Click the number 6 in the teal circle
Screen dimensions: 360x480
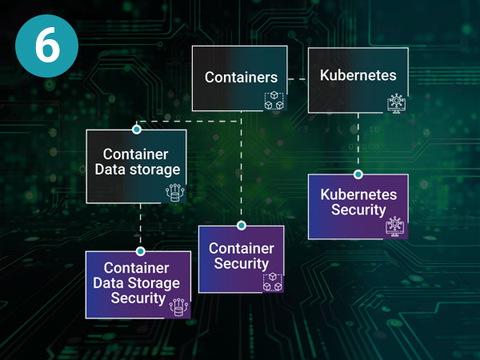pos(47,46)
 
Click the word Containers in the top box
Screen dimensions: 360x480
pos(241,77)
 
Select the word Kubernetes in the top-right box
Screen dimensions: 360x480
pos(358,76)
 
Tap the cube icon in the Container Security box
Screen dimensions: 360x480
pos(273,282)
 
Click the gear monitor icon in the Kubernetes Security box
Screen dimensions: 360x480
pos(395,226)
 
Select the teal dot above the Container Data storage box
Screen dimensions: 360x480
pos(137,129)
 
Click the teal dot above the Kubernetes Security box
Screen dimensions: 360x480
pos(358,174)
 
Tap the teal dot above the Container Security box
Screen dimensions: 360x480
pos(241,226)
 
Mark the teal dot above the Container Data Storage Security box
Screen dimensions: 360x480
pos(140,250)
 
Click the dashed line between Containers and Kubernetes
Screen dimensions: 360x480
pos(298,78)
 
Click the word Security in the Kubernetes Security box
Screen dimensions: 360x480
pos(358,210)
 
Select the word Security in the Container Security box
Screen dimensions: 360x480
pos(241,264)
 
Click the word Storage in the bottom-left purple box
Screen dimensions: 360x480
pos(156,283)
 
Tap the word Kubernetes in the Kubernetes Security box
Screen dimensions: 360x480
pos(358,194)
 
